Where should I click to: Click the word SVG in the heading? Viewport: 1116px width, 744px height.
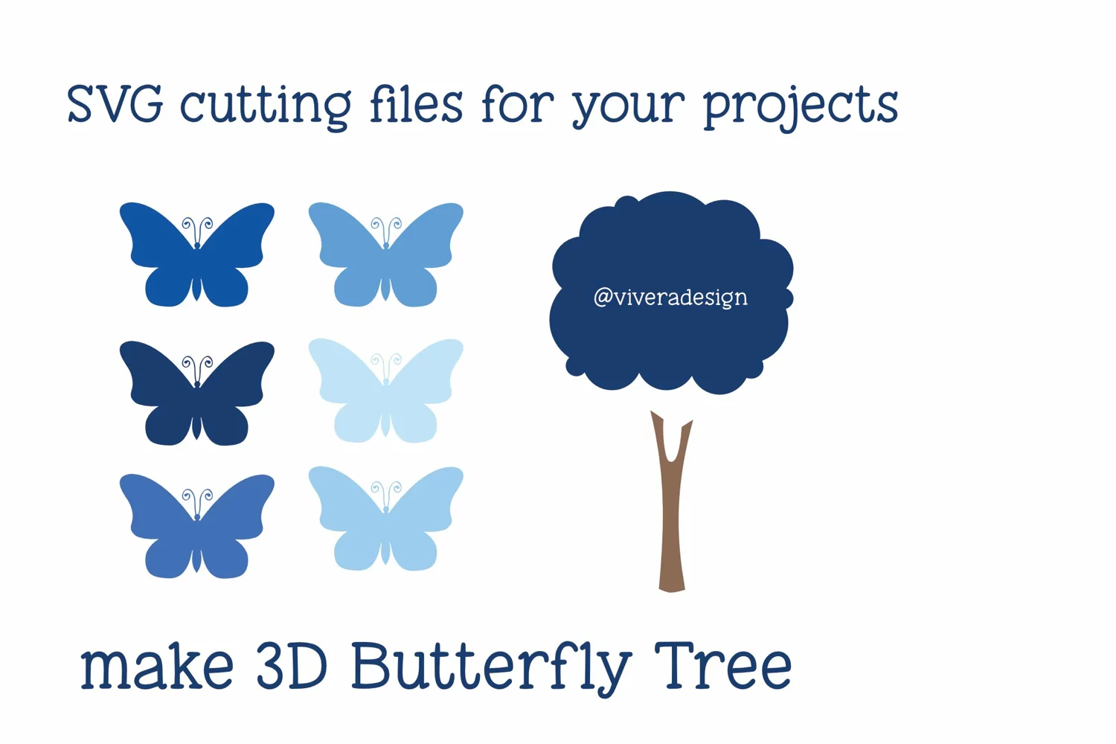click(115, 103)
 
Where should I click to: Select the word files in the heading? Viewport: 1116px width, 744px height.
click(417, 103)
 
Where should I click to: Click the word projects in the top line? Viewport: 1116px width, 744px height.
click(801, 108)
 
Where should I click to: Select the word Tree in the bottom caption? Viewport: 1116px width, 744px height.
click(723, 666)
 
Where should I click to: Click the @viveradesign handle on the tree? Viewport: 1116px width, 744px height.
click(670, 298)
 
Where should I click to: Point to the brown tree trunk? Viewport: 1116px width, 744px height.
click(672, 513)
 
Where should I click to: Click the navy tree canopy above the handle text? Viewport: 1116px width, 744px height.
click(671, 240)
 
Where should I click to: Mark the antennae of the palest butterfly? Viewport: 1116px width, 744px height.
click(386, 365)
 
